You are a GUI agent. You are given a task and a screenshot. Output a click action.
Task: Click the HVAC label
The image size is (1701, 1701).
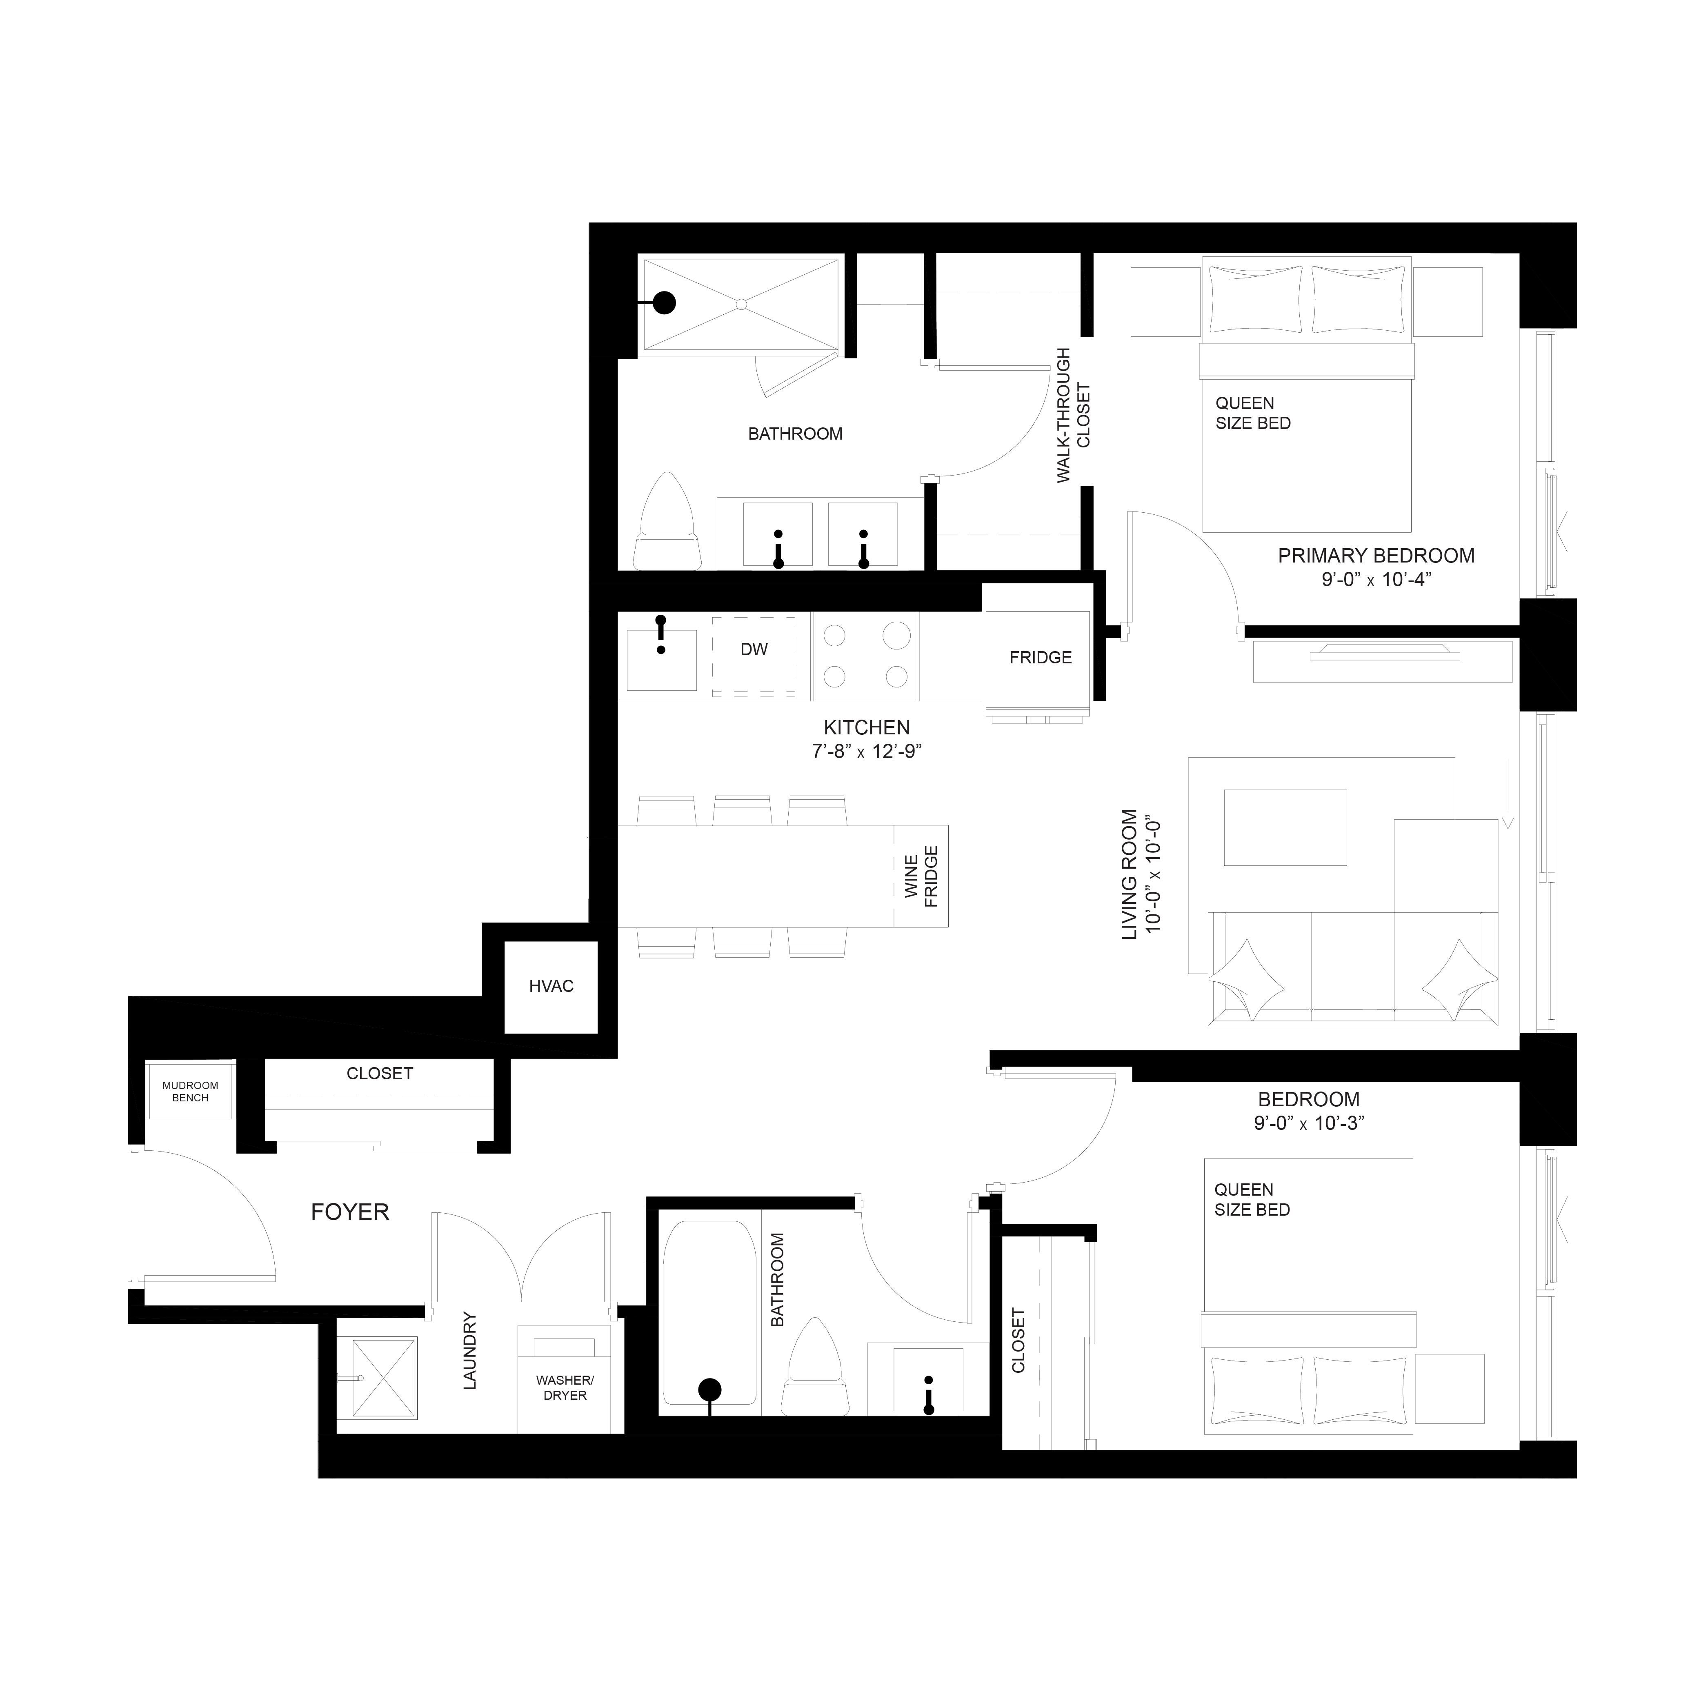(x=551, y=986)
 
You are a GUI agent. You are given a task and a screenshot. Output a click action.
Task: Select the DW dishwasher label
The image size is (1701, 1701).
(x=754, y=650)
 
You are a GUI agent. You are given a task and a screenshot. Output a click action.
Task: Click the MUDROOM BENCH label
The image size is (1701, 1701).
(x=190, y=1092)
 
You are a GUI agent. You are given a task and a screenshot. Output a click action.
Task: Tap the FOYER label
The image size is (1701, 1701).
(x=349, y=1212)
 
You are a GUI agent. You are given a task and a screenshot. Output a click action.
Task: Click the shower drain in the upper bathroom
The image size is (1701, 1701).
(x=741, y=304)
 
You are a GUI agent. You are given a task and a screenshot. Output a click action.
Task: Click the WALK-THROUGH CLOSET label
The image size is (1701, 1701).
(x=1073, y=415)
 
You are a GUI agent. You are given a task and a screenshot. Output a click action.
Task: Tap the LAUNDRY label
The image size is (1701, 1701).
(x=469, y=1351)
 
